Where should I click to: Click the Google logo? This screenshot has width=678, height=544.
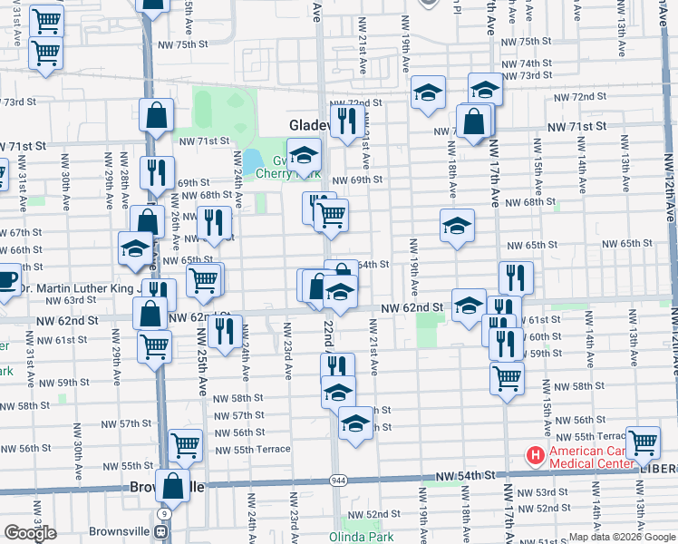(x=31, y=533)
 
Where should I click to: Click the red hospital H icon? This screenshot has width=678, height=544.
(x=535, y=455)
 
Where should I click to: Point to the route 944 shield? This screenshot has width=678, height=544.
(x=338, y=480)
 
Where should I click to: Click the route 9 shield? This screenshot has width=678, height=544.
(x=164, y=514)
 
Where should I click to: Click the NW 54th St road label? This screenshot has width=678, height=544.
(x=465, y=475)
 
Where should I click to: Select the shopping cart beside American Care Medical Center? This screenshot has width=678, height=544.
(x=643, y=442)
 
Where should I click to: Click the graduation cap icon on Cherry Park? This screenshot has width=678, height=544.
(x=305, y=153)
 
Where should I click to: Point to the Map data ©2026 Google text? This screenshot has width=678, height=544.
(x=622, y=537)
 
